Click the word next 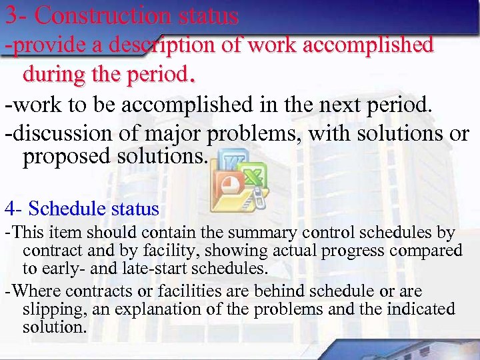pyautogui.click(x=351, y=105)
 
